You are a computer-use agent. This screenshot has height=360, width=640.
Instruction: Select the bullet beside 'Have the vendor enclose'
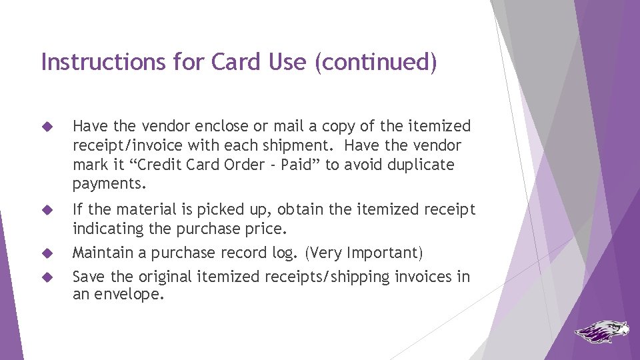click(x=47, y=126)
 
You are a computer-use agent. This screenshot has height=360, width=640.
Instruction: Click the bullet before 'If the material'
click(x=47, y=210)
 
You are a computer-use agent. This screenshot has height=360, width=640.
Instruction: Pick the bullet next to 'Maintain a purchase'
click(x=47, y=253)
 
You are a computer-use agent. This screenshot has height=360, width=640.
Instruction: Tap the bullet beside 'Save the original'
click(x=47, y=277)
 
